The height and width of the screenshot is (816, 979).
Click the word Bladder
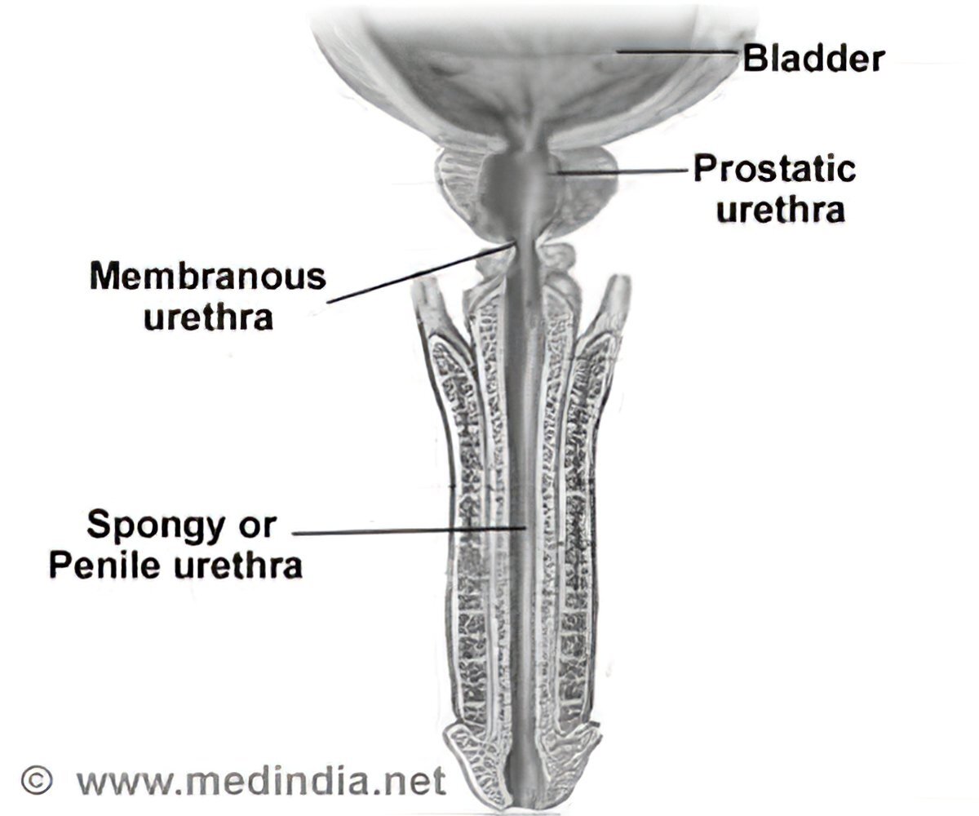pyautogui.click(x=813, y=59)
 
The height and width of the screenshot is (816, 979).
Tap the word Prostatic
pyautogui.click(x=774, y=169)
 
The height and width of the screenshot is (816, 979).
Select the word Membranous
pyautogui.click(x=207, y=277)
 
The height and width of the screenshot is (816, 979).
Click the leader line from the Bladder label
pyautogui.click(x=677, y=52)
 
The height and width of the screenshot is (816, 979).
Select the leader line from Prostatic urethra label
pyautogui.click(x=620, y=171)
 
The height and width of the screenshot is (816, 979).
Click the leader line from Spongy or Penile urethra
pyautogui.click(x=408, y=531)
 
